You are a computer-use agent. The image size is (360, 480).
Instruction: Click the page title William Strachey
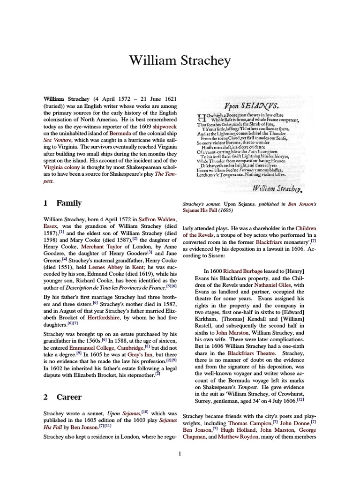click(180, 60)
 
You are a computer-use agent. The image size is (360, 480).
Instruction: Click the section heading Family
click(69, 203)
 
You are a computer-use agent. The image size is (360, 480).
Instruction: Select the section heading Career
click(69, 397)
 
